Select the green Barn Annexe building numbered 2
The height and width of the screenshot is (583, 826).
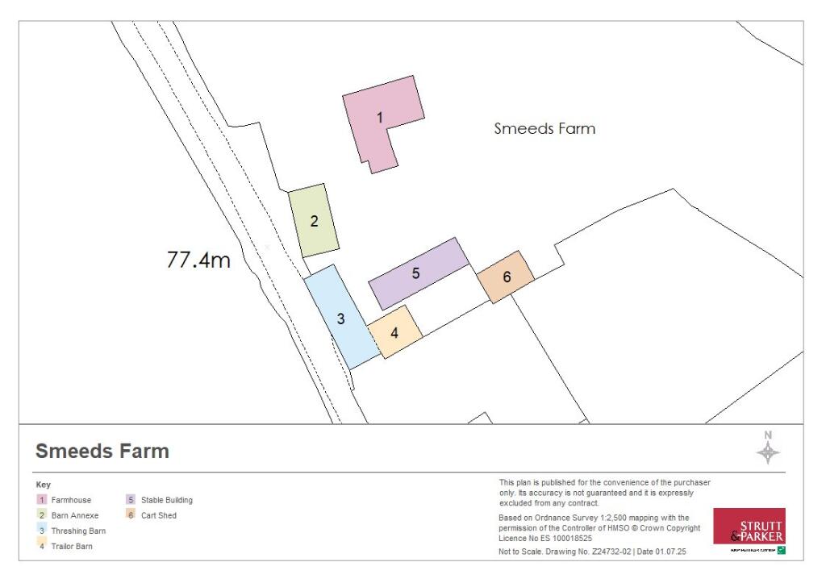click(314, 220)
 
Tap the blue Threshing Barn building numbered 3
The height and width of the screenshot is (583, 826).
click(341, 318)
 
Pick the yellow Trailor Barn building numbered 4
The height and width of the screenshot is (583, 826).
click(394, 331)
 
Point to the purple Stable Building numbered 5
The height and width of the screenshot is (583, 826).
click(417, 273)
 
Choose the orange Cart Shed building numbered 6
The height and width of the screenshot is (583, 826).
click(506, 277)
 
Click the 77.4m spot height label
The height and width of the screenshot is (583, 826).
click(198, 260)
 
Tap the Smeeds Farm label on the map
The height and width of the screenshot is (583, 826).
click(544, 128)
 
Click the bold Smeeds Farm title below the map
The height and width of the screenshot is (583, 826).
click(102, 451)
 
